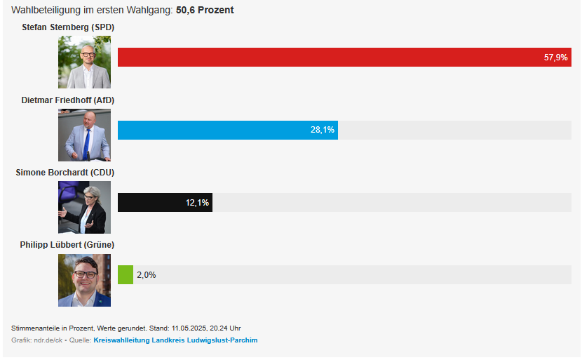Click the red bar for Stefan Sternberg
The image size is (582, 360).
click(x=330, y=58)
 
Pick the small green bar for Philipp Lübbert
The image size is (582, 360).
click(x=126, y=274)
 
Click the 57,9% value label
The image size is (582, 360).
click(x=555, y=58)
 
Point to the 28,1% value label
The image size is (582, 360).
click(x=323, y=130)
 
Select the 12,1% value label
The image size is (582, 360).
click(x=197, y=203)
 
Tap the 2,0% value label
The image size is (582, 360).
click(x=146, y=275)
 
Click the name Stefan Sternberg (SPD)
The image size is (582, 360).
click(x=68, y=27)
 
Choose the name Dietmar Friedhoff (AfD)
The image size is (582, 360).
click(x=67, y=100)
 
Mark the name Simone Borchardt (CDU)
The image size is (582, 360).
click(x=65, y=172)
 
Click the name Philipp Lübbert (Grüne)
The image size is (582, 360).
click(x=67, y=244)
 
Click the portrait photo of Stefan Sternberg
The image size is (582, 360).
click(x=84, y=62)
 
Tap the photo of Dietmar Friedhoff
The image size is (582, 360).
click(x=84, y=135)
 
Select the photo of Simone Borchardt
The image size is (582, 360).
click(x=84, y=207)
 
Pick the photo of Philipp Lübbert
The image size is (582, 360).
click(x=84, y=280)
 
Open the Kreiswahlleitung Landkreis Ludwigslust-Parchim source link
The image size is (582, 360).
click(x=175, y=340)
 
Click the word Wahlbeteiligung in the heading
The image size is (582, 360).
click(x=44, y=10)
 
